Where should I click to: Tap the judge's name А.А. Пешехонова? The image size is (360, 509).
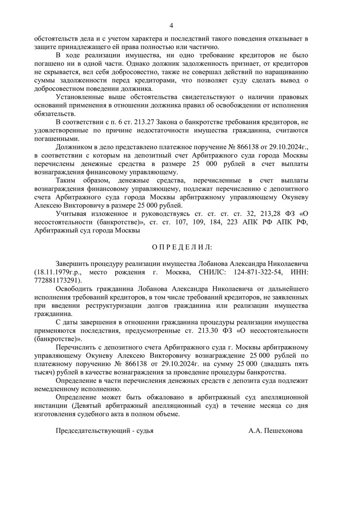[275, 431]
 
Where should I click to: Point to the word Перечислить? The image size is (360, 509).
[76, 347]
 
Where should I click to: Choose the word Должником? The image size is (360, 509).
[73, 147]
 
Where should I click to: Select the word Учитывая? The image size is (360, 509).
[71, 214]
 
